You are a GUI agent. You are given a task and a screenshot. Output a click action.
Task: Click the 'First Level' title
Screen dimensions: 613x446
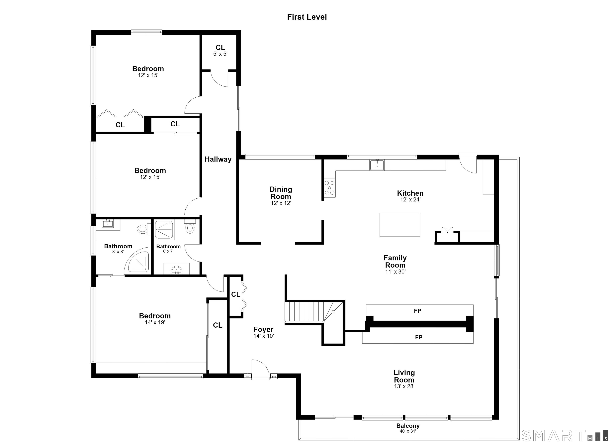tap(307, 17)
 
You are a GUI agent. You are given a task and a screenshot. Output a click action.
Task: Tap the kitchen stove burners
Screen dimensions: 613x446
tap(329, 188)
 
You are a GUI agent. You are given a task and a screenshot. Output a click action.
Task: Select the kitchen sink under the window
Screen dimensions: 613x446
tap(377, 165)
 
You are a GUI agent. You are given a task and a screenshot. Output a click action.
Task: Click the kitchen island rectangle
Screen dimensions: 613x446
tap(400, 225)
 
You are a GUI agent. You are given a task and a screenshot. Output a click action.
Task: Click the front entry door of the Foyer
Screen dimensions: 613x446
tap(261, 370)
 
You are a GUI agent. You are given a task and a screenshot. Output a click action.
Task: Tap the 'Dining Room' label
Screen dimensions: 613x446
tap(281, 193)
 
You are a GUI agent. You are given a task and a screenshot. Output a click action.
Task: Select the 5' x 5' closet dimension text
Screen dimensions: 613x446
tap(220, 54)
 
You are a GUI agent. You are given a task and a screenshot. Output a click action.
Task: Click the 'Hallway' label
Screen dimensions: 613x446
tap(218, 159)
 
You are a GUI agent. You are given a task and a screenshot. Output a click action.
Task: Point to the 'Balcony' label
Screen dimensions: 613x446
tap(408, 426)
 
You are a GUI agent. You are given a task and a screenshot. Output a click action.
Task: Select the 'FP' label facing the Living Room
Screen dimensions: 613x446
tap(419, 337)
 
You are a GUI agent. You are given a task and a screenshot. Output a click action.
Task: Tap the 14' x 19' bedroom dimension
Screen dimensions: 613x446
tap(155, 322)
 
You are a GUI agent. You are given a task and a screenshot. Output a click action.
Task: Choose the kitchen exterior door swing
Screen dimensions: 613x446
tap(468, 163)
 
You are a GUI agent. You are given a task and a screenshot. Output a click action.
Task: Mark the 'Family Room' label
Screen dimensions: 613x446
tap(395, 262)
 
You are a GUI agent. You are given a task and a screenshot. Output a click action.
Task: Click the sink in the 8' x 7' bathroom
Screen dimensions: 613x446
tap(176, 270)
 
